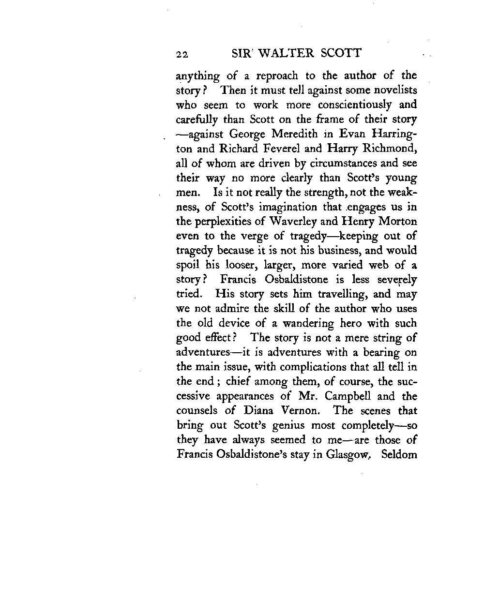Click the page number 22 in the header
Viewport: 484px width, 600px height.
tap(182, 54)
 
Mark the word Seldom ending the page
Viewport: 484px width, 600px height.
tap(399, 454)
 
